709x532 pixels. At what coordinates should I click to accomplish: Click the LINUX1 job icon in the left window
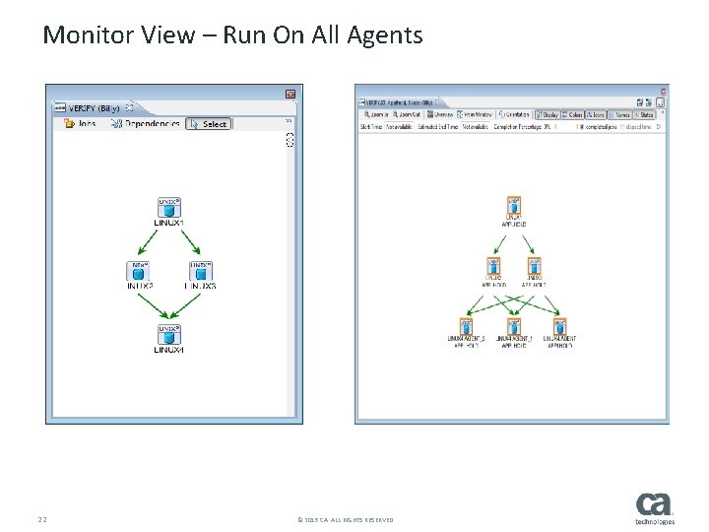(x=169, y=208)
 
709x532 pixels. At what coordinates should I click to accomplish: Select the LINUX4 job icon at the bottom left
(x=169, y=335)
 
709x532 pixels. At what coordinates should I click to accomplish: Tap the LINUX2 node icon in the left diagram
(x=140, y=271)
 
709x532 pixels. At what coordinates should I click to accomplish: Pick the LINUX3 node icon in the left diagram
(x=200, y=271)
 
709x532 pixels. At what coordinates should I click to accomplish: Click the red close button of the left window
(x=290, y=94)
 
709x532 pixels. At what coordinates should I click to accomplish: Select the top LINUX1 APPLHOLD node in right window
(x=513, y=207)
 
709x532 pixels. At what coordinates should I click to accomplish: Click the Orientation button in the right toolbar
(x=516, y=114)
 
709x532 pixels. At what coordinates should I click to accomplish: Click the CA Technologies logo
(x=655, y=508)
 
